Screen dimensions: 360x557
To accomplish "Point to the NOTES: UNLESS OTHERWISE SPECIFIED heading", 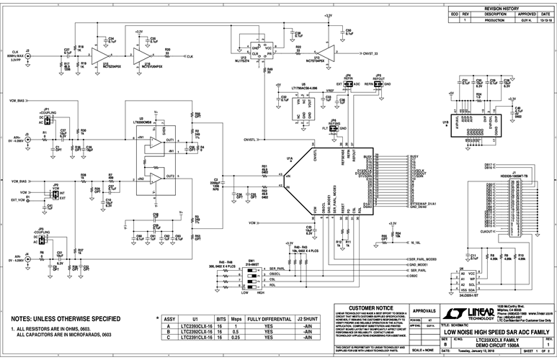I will pyautogui.click(x=66, y=318).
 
